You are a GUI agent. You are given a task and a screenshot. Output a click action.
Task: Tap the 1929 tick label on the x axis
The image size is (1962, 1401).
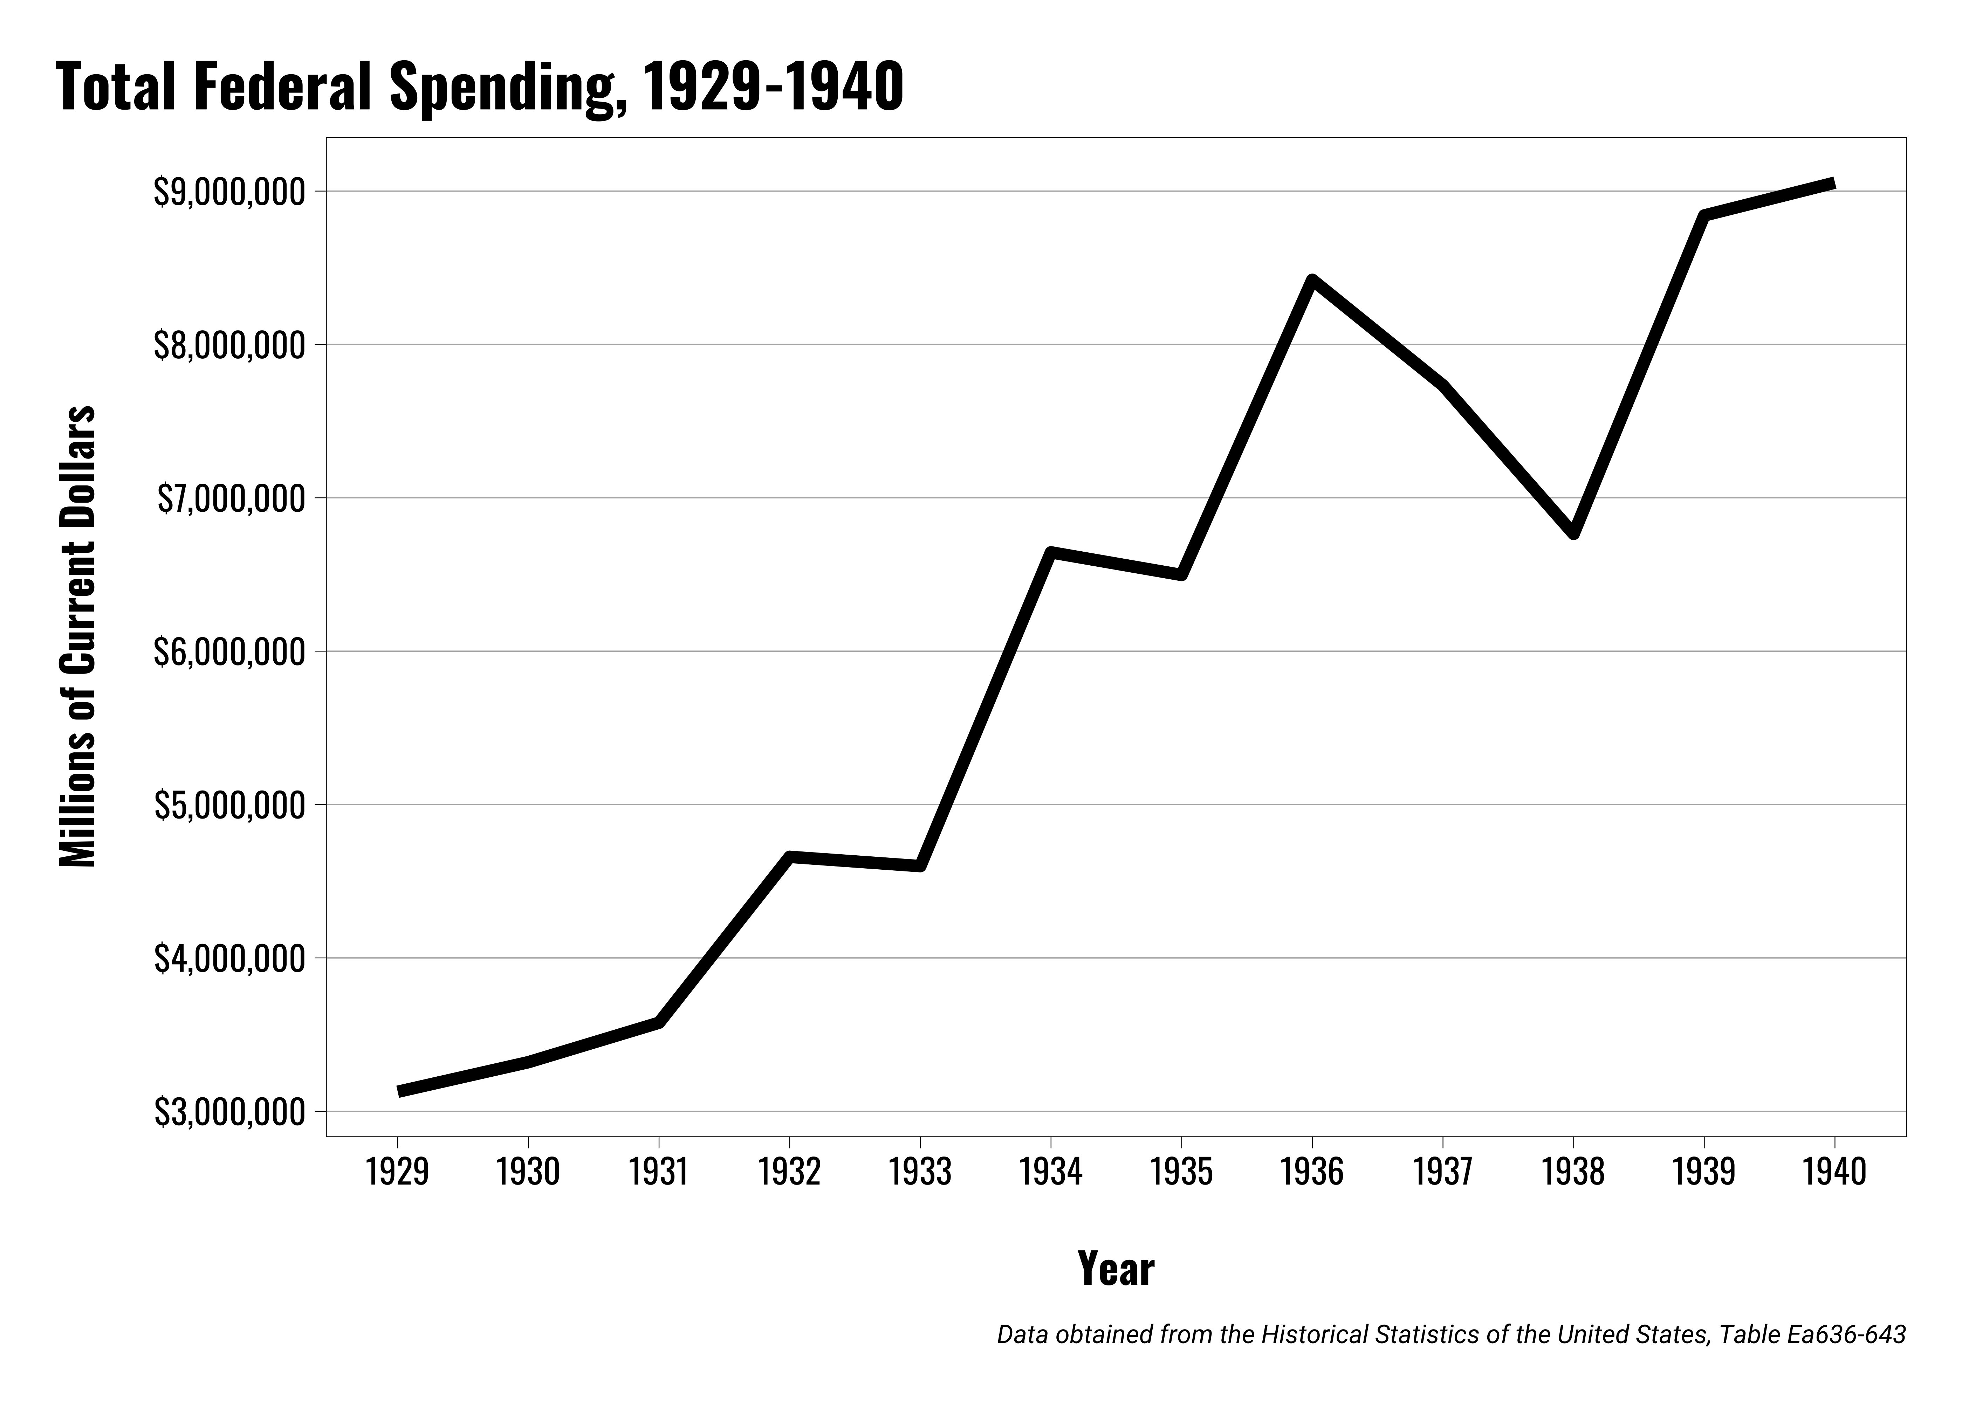point(398,1172)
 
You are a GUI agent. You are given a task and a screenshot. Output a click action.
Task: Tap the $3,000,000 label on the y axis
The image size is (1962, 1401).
point(229,1112)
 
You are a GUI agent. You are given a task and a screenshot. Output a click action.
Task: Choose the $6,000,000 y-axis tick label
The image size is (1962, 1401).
point(229,652)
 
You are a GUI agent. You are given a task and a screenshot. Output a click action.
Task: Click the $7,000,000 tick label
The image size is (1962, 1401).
point(231,499)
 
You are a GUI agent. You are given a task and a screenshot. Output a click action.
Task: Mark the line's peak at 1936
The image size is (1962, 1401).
point(1311,280)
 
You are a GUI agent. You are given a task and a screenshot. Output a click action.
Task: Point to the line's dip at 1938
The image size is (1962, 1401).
point(1573,533)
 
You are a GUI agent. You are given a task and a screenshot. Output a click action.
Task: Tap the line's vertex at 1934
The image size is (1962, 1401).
point(1050,552)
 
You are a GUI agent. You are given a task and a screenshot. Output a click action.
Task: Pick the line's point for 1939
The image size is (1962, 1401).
point(1703,215)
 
